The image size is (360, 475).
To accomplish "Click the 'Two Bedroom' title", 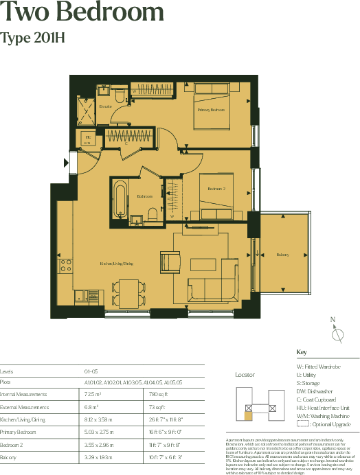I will coord(82,13).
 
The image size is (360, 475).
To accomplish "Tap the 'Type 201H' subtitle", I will coord(33,38).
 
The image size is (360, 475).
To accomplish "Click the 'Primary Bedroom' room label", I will coord(211,110).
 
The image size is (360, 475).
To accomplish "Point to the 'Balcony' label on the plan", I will coord(282,255).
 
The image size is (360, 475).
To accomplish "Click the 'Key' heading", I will coord(301,353).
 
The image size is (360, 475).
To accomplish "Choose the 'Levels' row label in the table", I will coord(7,370).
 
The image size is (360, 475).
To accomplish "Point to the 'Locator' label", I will coord(245,375).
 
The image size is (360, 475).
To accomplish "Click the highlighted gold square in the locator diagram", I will coord(249,415).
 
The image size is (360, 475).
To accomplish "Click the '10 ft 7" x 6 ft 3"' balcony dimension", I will coord(167,456).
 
